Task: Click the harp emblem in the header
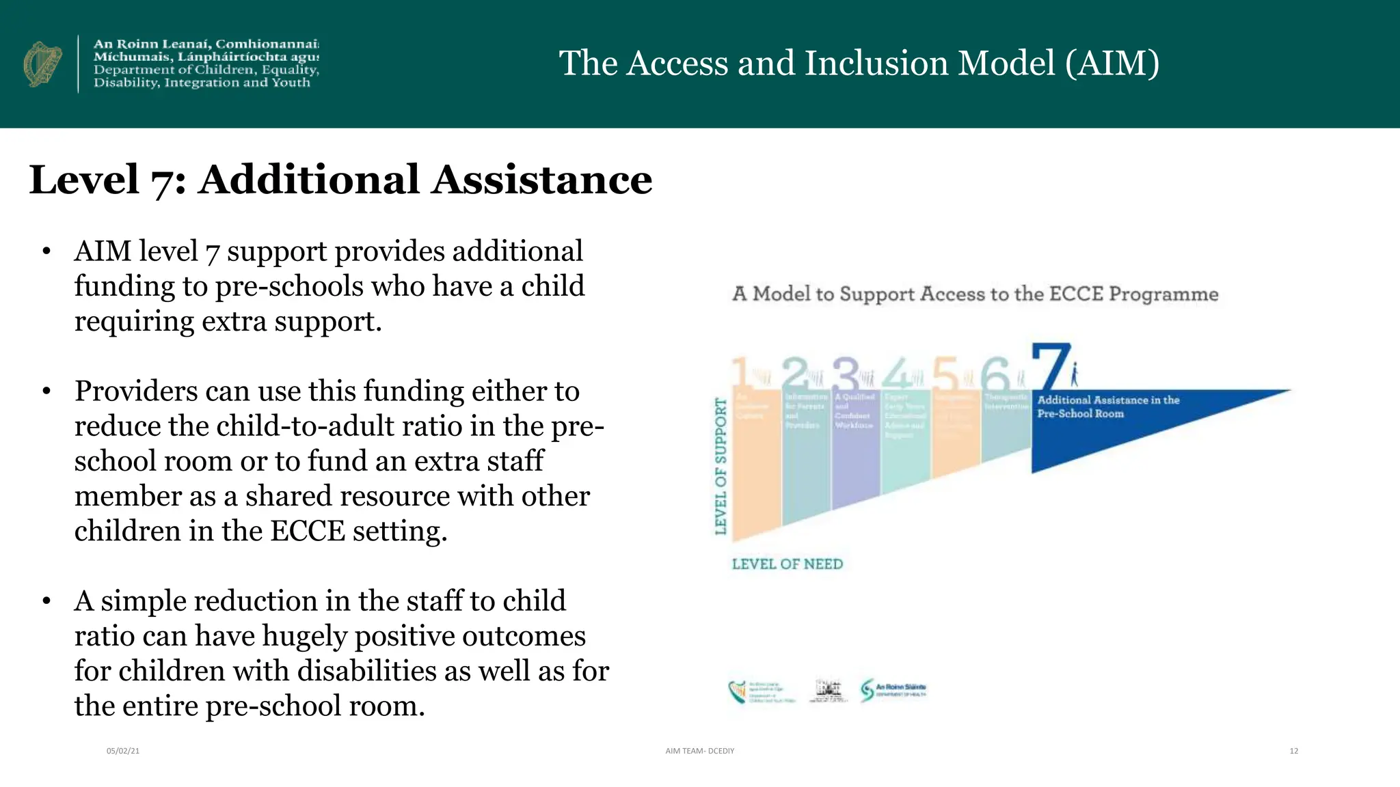pyautogui.click(x=42, y=64)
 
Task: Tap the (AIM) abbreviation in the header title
pyautogui.click(x=1112, y=63)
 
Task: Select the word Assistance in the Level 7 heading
pyautogui.click(x=541, y=180)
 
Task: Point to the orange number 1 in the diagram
pyautogui.click(x=740, y=374)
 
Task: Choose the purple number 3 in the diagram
pyautogui.click(x=846, y=374)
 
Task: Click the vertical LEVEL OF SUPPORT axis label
pyautogui.click(x=721, y=466)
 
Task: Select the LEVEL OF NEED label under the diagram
pyautogui.click(x=787, y=564)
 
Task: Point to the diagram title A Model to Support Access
pyautogui.click(x=975, y=294)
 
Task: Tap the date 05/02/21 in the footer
pyautogui.click(x=123, y=751)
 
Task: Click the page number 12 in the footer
pyautogui.click(x=1293, y=751)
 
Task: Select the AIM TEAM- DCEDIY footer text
pyautogui.click(x=699, y=751)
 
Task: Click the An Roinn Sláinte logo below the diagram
pyautogui.click(x=893, y=690)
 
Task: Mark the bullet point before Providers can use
pyautogui.click(x=46, y=391)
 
